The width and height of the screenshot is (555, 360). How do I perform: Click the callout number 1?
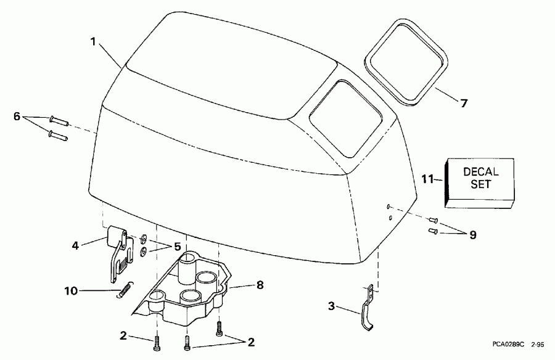(x=93, y=42)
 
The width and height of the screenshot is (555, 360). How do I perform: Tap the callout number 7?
(x=464, y=103)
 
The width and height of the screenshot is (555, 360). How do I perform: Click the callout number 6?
(x=17, y=115)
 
